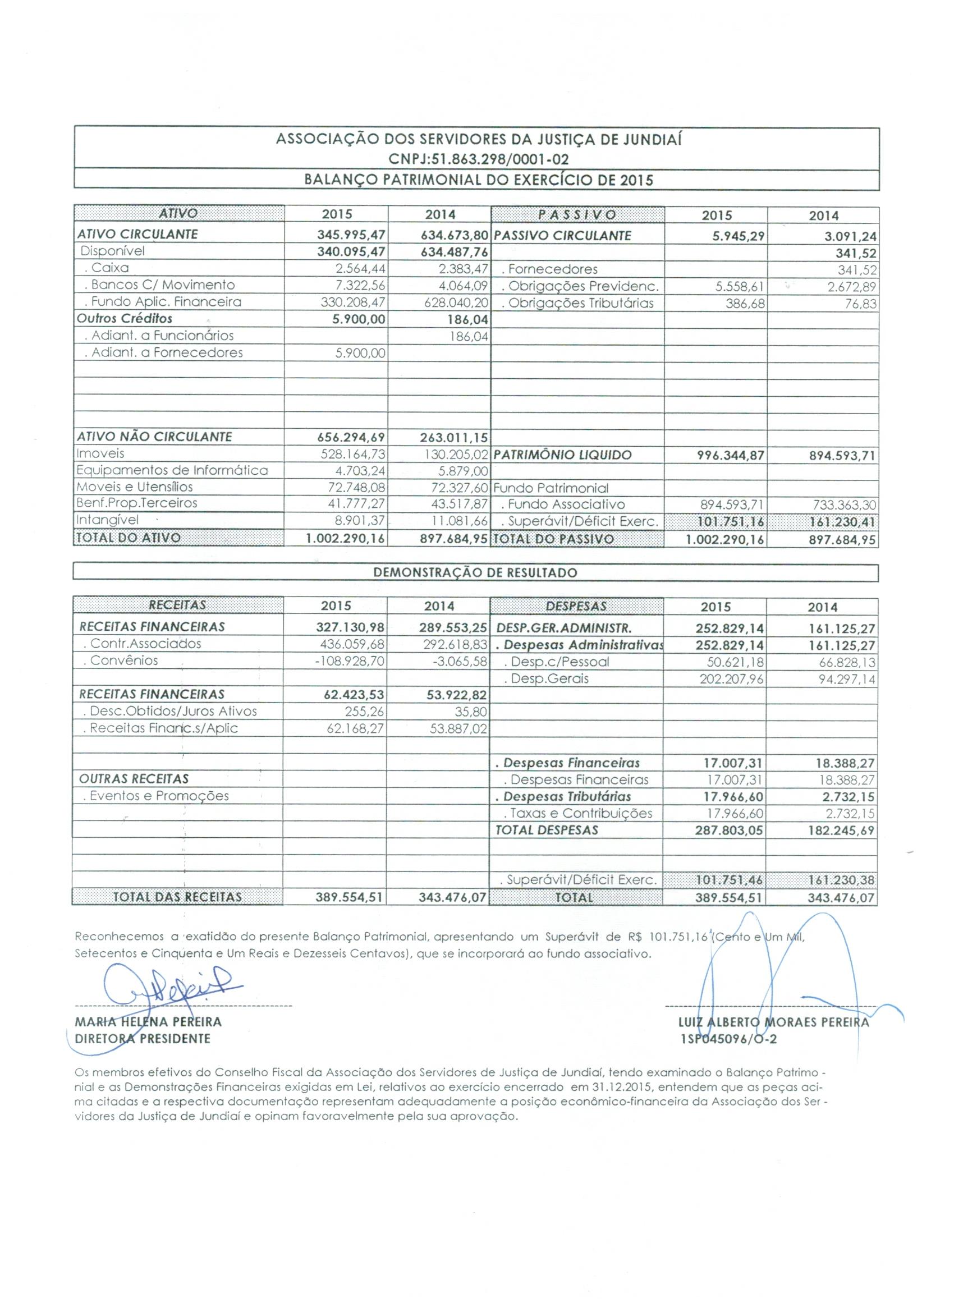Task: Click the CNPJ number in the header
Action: pyautogui.click(x=479, y=159)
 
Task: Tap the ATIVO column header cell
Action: pyautogui.click(x=178, y=213)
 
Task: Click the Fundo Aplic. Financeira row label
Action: pyautogui.click(x=163, y=301)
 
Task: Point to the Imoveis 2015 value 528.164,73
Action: pyautogui.click(x=353, y=454)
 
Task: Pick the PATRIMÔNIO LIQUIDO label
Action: pyautogui.click(x=563, y=455)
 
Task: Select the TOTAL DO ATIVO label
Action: pyautogui.click(x=129, y=538)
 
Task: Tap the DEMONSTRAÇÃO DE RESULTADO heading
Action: pyautogui.click(x=475, y=573)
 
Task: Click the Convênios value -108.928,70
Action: pyautogui.click(x=350, y=660)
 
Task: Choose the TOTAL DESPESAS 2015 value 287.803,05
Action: pyautogui.click(x=729, y=831)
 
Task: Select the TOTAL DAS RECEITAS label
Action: pyautogui.click(x=177, y=897)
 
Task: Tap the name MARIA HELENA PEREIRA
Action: pyautogui.click(x=148, y=1022)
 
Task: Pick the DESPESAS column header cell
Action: pyautogui.click(x=576, y=605)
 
